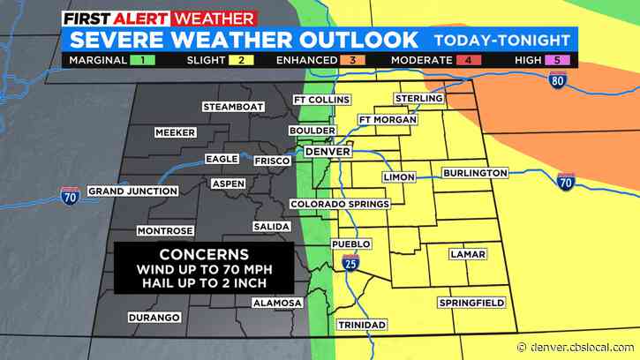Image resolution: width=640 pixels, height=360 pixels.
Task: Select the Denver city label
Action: [328, 152]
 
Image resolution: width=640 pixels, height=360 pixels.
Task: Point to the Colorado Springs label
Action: [340, 204]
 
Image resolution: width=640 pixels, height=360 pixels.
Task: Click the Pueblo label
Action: [350, 244]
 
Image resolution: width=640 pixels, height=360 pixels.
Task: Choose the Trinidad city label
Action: [362, 325]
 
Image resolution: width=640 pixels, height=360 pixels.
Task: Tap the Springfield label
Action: [471, 303]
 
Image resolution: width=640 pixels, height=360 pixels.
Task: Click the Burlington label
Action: [476, 173]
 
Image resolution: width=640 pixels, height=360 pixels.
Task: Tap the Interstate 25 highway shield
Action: [350, 262]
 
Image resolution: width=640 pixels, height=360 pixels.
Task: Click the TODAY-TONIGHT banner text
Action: [500, 39]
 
